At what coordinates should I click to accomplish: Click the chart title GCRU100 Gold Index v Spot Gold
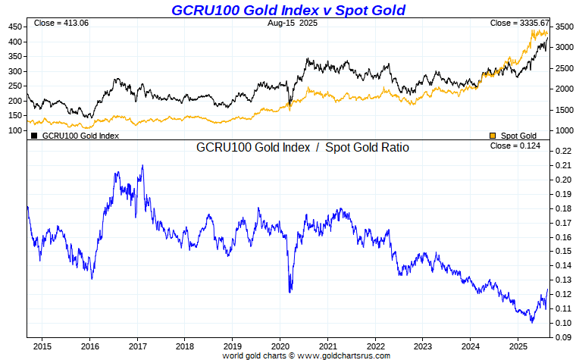point(288,10)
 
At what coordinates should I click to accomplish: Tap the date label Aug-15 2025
point(293,23)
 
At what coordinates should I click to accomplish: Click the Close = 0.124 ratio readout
point(515,146)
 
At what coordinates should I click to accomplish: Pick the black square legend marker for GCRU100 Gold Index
point(34,136)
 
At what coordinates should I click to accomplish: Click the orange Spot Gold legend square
point(493,136)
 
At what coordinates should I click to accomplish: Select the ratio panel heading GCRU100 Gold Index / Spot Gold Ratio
point(302,148)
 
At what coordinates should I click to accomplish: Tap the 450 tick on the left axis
point(15,27)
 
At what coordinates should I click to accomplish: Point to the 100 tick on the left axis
point(15,130)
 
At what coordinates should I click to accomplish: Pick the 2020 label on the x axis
point(280,346)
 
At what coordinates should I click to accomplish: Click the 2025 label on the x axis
point(518,346)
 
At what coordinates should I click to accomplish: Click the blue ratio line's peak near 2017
point(142,165)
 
